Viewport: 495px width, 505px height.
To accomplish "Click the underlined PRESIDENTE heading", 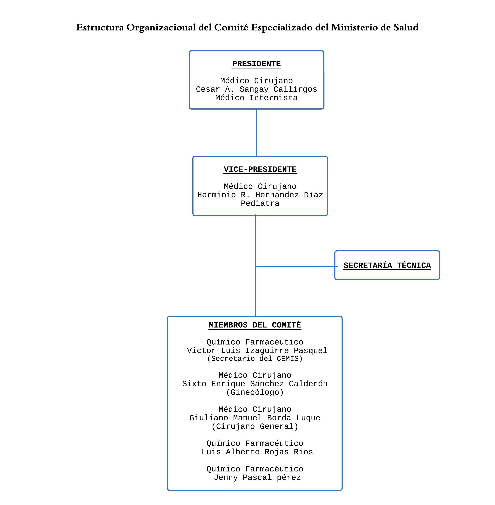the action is [x=256, y=64].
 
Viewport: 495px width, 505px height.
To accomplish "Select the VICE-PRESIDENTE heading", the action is [x=260, y=169].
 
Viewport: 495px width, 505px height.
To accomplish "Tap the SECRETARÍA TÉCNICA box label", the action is [x=387, y=265].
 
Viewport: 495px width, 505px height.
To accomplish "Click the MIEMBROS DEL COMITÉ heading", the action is [x=255, y=325].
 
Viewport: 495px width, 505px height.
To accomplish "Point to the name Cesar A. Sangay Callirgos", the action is [x=256, y=89].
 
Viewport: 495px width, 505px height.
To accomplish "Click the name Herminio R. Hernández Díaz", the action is [x=260, y=195].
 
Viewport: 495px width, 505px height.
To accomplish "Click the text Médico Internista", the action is [x=256, y=98].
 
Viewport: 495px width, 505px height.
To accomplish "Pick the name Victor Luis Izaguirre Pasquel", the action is [x=257, y=350].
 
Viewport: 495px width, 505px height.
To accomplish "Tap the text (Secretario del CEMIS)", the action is [x=255, y=359].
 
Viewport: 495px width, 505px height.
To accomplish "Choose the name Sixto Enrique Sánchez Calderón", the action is [x=255, y=384].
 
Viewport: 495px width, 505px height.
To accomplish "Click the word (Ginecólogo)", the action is [x=255, y=392].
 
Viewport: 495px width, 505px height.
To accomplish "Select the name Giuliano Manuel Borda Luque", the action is [x=255, y=418].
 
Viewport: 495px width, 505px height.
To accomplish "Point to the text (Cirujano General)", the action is [x=255, y=426].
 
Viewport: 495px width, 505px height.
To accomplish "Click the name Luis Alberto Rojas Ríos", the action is [x=257, y=452].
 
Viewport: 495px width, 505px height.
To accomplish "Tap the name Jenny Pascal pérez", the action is [x=257, y=477].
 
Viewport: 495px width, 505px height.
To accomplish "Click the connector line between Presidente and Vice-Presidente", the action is [x=256, y=132].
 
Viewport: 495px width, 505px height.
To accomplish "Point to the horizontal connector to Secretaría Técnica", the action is [x=296, y=266].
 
